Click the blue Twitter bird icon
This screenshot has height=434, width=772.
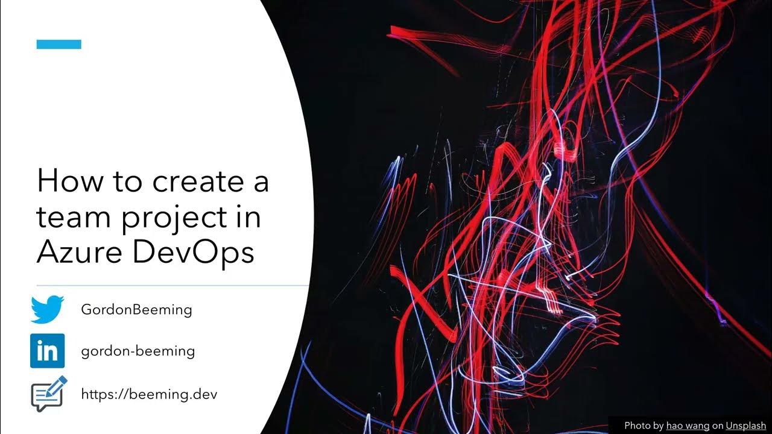(47, 310)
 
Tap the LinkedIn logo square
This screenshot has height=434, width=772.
(47, 351)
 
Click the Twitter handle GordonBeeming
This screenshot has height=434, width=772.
(136, 310)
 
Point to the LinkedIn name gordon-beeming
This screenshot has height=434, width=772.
(138, 351)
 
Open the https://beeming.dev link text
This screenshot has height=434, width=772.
(149, 394)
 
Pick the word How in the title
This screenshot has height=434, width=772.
(67, 181)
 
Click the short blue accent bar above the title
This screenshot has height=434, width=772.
(59, 44)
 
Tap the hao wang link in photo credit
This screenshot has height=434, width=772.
(688, 426)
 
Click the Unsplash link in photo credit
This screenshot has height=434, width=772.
(745, 426)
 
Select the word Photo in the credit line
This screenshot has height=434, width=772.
(638, 426)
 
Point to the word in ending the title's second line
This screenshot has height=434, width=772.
(249, 217)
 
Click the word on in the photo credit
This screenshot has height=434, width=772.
(718, 426)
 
